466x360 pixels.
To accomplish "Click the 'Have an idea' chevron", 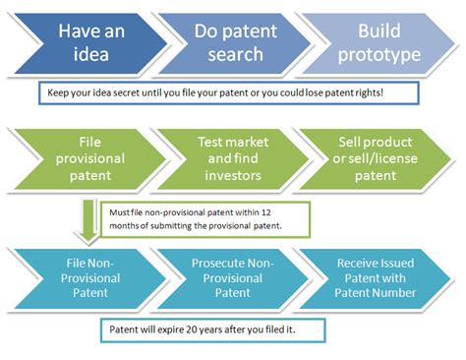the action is [90, 43].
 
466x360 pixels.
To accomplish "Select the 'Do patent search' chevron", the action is [235, 43].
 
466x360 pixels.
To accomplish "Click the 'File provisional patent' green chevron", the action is [90, 159].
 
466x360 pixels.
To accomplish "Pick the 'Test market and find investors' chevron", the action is [233, 159].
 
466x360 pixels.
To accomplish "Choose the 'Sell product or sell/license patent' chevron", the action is [376, 159].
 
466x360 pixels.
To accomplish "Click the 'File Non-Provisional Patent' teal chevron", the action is [90, 278].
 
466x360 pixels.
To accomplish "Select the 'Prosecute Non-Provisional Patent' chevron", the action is [233, 278].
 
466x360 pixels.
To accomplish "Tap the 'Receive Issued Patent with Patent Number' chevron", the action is [376, 278].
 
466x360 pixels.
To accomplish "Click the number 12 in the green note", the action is [266, 212].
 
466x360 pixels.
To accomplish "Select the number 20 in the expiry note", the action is [191, 330].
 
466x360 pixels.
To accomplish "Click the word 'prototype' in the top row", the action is [379, 55].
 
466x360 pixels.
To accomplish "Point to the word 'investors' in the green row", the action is [233, 176].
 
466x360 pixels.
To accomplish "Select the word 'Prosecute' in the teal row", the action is [218, 264].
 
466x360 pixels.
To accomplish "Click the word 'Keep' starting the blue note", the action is [58, 93].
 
